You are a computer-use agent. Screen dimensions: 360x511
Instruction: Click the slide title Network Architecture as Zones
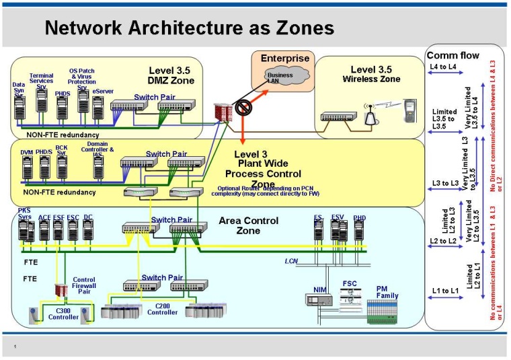click(189, 28)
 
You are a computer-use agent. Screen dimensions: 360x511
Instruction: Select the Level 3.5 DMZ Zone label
click(171, 75)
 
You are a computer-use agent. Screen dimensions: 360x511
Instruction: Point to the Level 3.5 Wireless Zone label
click(371, 74)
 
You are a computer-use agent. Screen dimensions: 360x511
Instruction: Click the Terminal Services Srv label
click(41, 81)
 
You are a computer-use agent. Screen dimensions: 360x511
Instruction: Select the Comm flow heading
click(453, 56)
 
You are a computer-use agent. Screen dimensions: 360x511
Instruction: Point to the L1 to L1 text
click(444, 290)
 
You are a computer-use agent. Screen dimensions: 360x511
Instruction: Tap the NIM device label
click(319, 289)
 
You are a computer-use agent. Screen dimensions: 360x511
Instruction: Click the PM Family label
click(387, 292)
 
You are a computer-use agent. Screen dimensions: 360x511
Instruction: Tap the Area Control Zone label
click(248, 225)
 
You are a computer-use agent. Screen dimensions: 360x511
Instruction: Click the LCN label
click(290, 260)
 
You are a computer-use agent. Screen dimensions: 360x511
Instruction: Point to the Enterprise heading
click(285, 59)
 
